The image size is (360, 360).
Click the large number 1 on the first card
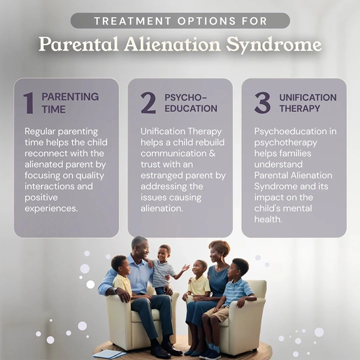pos(28,102)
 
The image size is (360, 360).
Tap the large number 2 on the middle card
pos(148,102)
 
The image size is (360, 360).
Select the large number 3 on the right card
pos(262,102)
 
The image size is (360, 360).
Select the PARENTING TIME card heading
pos(69,102)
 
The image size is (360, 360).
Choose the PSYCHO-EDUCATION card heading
pos(190,102)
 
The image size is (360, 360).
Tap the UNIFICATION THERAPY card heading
pos(307,102)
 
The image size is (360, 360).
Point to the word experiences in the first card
pos(51,208)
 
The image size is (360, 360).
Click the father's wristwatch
pos(115,290)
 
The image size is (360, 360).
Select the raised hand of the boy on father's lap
pos(185,267)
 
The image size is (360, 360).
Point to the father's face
pos(141,248)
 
